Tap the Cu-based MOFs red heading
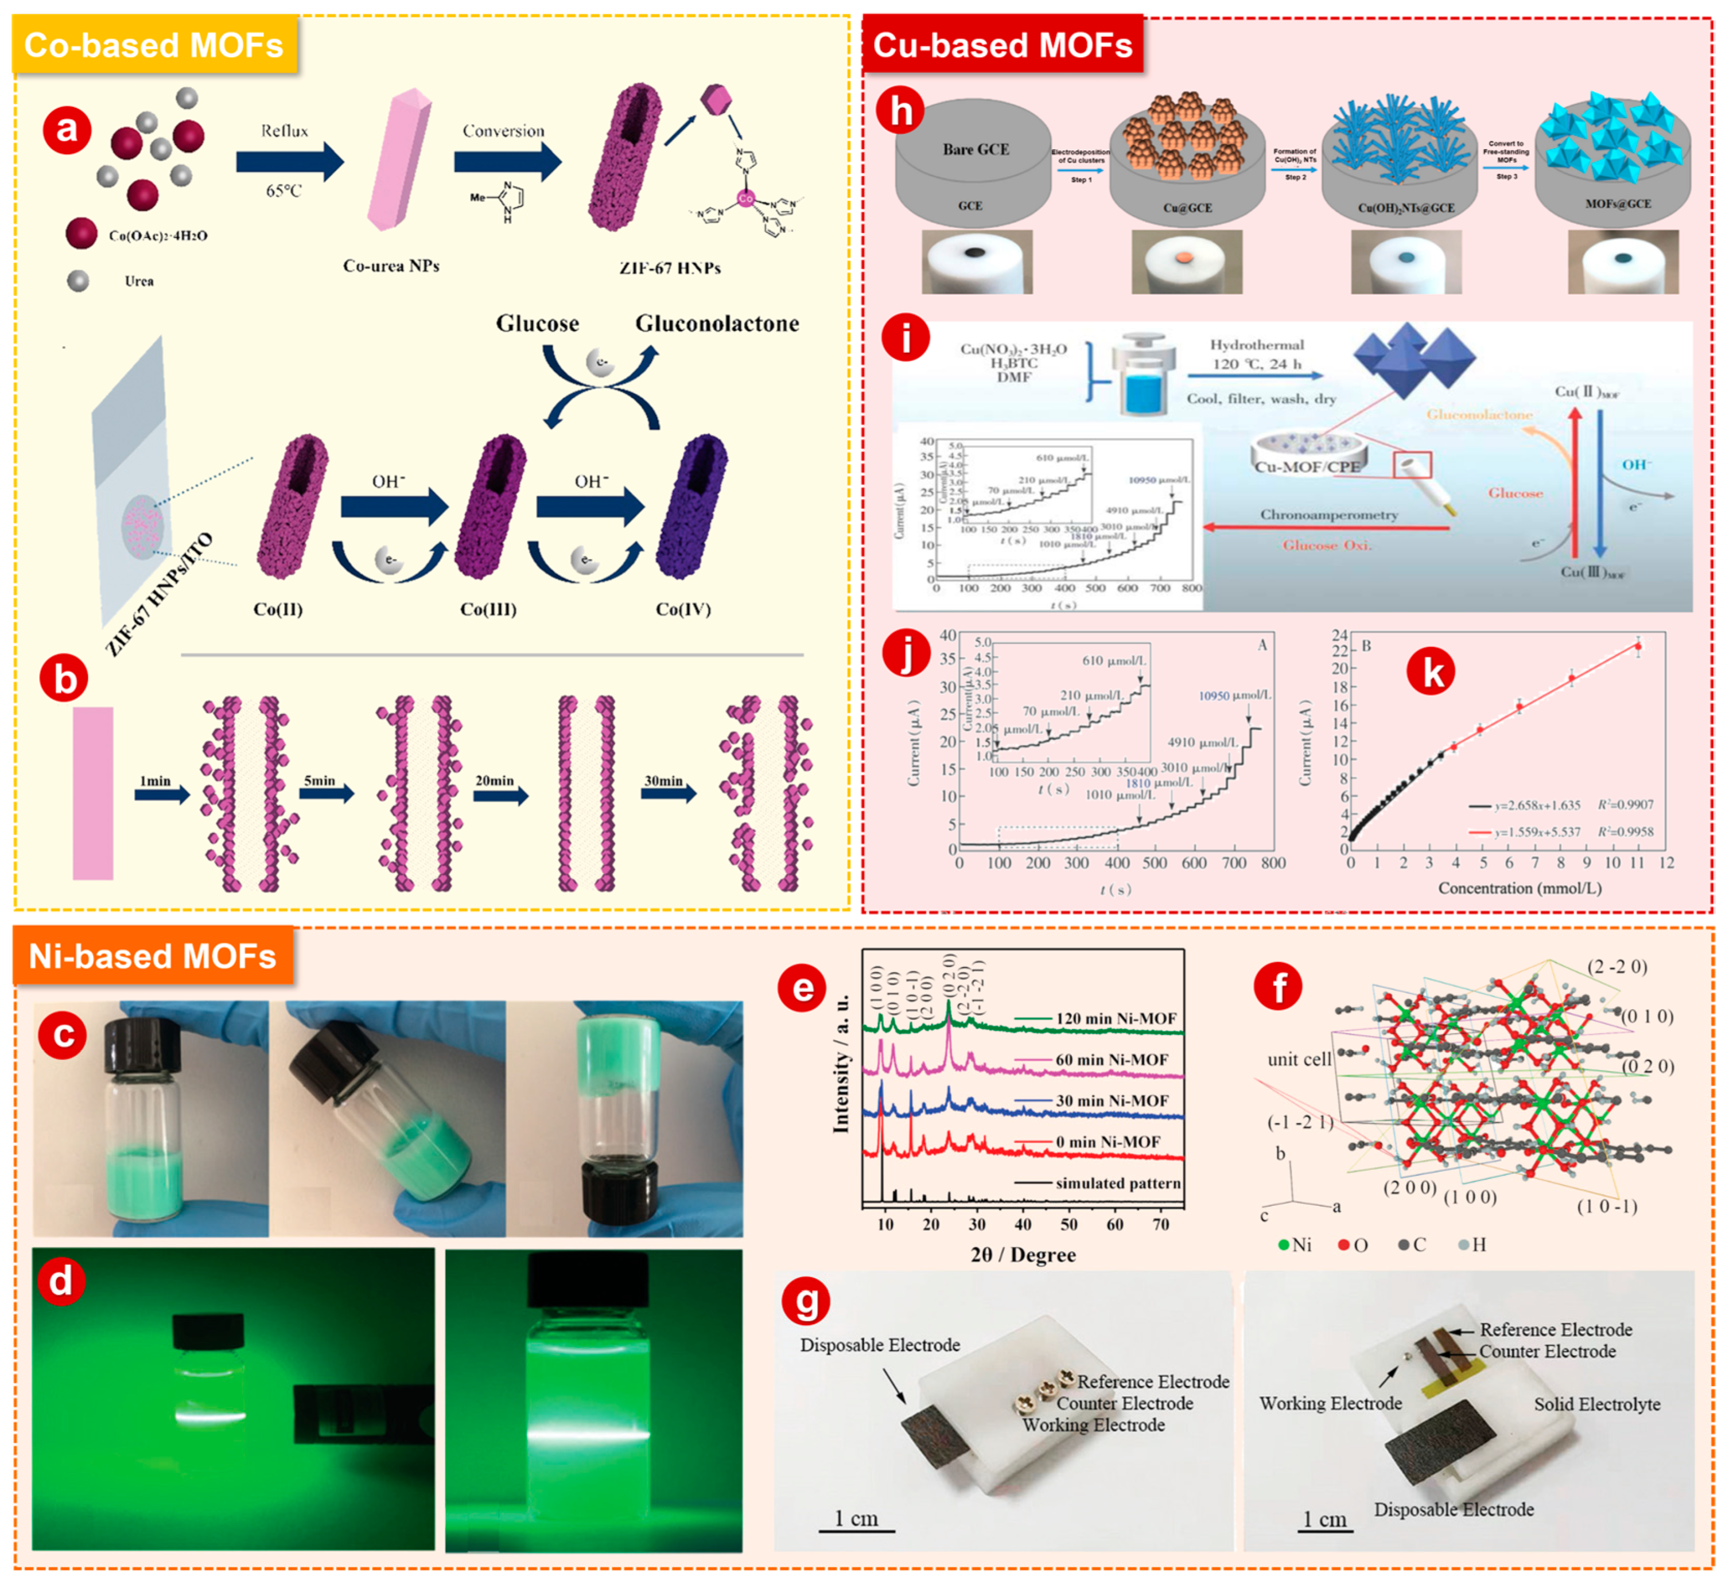coord(1003,45)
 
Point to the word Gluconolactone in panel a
coord(717,324)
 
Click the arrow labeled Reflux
coord(289,162)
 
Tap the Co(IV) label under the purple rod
coord(683,609)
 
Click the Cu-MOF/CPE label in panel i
coord(1307,466)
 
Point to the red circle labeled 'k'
coord(1431,672)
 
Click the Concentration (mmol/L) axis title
coord(1520,888)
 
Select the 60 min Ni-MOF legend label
coord(1112,1060)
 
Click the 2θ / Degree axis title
coord(1023,1255)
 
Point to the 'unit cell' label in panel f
coord(1299,1060)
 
